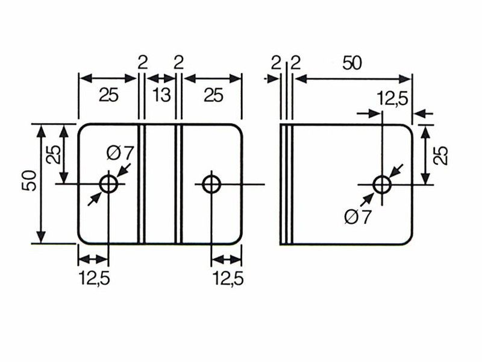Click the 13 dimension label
pyautogui.click(x=161, y=95)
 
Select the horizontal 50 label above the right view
pyautogui.click(x=352, y=63)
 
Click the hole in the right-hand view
pyautogui.click(x=382, y=185)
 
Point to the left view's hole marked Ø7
pyautogui.click(x=108, y=184)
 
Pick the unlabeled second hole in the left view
pyautogui.click(x=211, y=184)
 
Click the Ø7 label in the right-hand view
pyautogui.click(x=358, y=217)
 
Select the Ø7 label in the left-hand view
pyautogui.click(x=120, y=153)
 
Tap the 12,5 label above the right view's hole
pyautogui.click(x=392, y=99)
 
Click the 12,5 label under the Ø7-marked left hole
pyautogui.click(x=95, y=278)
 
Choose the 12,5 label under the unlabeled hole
pyautogui.click(x=228, y=278)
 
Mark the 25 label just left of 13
pyautogui.click(x=108, y=95)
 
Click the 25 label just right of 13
pyautogui.click(x=213, y=95)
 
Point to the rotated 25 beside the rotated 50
pyautogui.click(x=54, y=154)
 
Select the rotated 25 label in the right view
pyautogui.click(x=440, y=156)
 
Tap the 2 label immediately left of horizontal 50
pyautogui.click(x=295, y=63)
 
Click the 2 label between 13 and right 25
pyautogui.click(x=178, y=63)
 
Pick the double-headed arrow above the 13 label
pyautogui.click(x=161, y=78)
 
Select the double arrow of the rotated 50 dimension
pyautogui.click(x=41, y=184)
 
